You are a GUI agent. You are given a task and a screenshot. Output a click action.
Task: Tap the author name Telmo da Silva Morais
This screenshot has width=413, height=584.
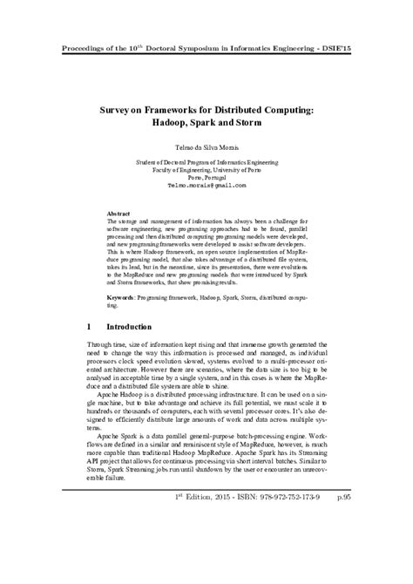[206, 147]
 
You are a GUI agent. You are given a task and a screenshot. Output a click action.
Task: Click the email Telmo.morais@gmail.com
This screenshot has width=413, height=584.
[206, 186]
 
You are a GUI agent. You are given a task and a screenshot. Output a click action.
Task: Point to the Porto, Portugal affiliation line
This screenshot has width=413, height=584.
[206, 178]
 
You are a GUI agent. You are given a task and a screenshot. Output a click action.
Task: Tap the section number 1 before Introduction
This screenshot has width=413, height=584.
[91, 327]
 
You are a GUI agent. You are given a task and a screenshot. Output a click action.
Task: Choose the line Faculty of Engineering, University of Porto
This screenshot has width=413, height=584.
[206, 170]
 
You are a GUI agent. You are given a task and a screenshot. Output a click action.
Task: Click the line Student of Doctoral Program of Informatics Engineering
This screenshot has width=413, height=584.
[206, 162]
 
